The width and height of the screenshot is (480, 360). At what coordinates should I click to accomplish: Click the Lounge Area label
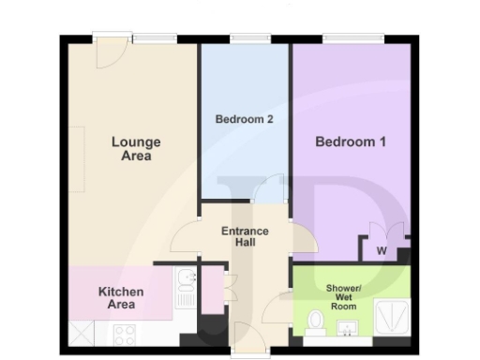(136, 149)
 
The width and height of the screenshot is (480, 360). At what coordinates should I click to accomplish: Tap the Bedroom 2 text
(244, 119)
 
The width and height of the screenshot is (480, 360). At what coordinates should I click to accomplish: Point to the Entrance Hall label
(245, 238)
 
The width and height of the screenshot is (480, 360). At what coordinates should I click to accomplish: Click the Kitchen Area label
(121, 298)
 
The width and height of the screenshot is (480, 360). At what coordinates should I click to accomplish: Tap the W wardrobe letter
(381, 250)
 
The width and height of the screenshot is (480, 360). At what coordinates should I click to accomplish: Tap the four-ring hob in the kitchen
(125, 332)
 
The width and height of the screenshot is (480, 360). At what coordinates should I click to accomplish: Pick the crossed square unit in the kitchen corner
(82, 332)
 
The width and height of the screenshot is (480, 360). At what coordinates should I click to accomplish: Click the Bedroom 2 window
(246, 39)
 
